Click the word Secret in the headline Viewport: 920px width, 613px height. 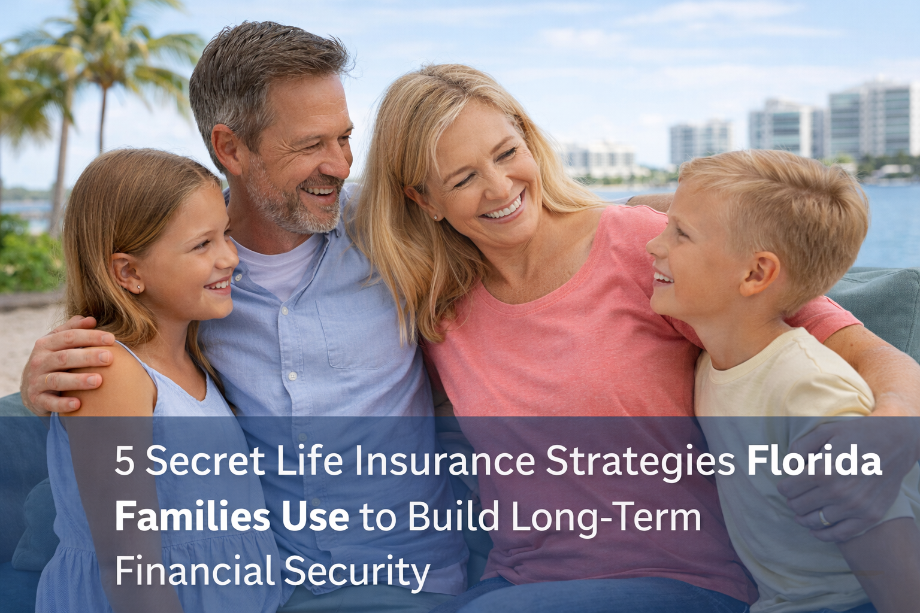pyautogui.click(x=205, y=462)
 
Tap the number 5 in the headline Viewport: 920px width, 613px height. pyautogui.click(x=124, y=462)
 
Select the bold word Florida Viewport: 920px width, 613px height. pyautogui.click(x=814, y=462)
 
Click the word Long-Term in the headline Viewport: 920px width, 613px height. pyautogui.click(x=606, y=517)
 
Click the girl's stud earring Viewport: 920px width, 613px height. pyautogui.click(x=139, y=289)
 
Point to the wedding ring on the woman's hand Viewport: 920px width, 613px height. pyautogui.click(x=825, y=518)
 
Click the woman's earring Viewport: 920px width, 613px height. pyautogui.click(x=435, y=217)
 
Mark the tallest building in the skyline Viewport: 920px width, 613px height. pyautogui.click(x=871, y=120)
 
